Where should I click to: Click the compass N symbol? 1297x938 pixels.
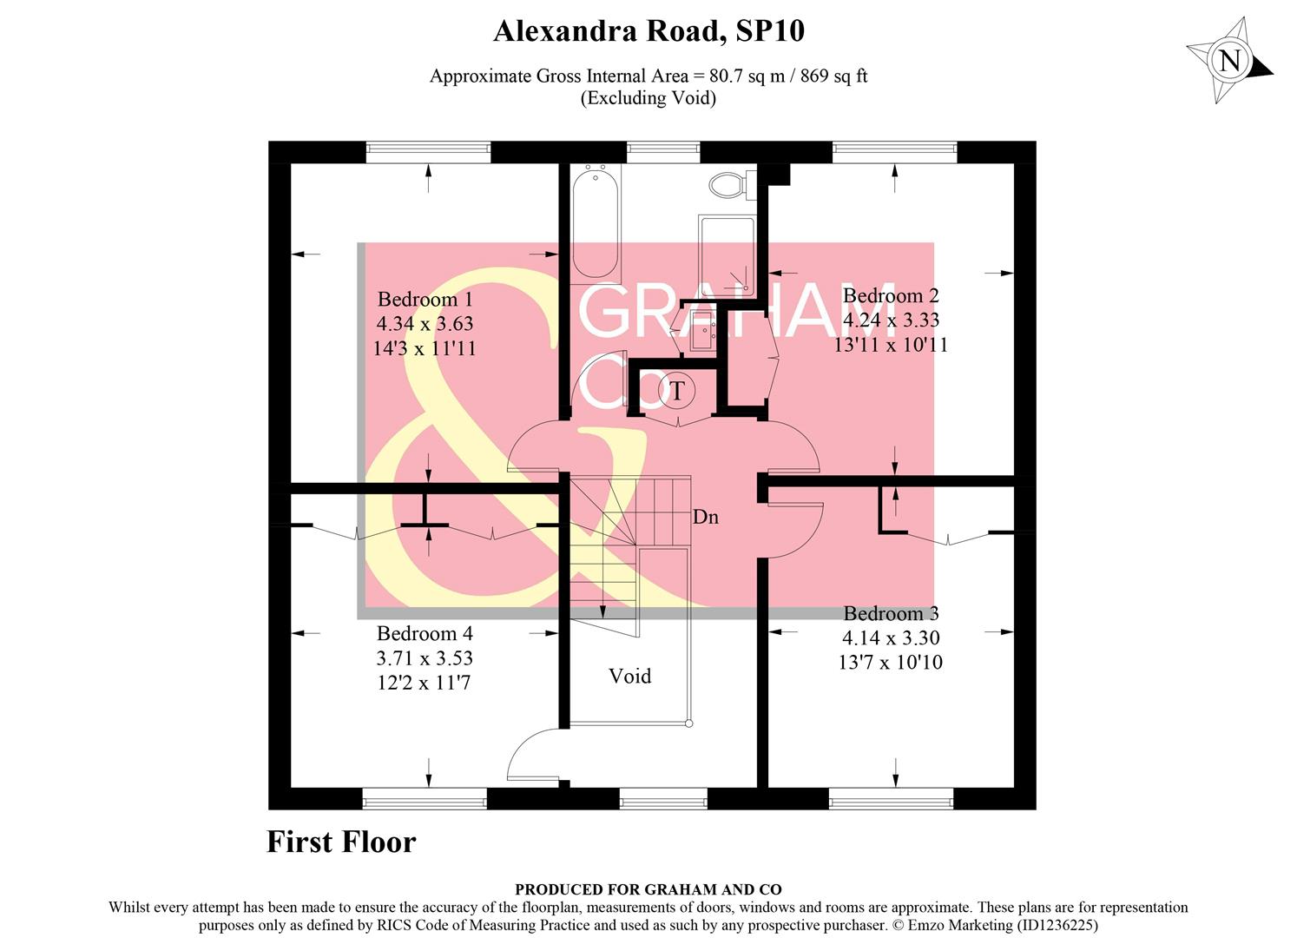pos(1229,62)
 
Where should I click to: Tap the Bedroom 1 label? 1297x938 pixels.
pos(425,300)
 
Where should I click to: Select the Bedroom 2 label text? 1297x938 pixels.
pos(891,296)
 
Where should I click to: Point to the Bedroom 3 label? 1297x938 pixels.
pos(891,614)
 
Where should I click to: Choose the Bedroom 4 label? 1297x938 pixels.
pos(425,634)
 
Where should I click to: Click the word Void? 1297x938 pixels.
pos(629,676)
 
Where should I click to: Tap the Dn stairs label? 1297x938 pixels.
pos(705,518)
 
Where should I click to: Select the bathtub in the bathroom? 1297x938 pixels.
pos(596,221)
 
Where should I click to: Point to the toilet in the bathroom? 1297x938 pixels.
pos(728,184)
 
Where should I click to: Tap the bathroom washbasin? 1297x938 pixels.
pos(700,333)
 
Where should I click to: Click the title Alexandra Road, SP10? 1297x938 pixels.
pos(648,31)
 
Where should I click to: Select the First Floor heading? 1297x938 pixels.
pos(341,842)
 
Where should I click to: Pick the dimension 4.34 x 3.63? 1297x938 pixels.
pos(425,324)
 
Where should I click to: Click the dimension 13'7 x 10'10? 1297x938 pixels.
pos(891,663)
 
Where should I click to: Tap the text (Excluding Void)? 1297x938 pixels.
pos(648,97)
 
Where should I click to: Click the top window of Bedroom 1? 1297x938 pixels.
pos(427,152)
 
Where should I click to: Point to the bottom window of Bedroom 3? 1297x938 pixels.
pos(891,798)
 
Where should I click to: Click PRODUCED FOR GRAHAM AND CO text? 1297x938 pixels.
pos(648,889)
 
